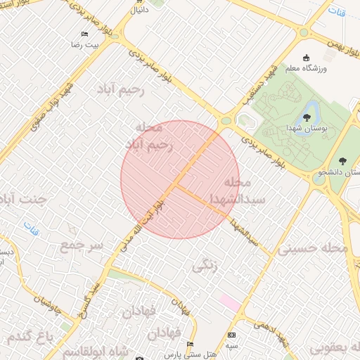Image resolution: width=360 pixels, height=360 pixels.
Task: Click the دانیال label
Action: pos(139,11)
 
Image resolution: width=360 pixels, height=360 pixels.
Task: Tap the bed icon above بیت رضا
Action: pos(85,34)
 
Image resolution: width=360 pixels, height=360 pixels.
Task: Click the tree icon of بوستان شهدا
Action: pos(307,117)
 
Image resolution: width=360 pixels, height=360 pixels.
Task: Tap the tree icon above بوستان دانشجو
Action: pos(342,161)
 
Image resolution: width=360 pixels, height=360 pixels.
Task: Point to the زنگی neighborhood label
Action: pos(205,266)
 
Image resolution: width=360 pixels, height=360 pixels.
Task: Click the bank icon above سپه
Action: pos(232,335)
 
